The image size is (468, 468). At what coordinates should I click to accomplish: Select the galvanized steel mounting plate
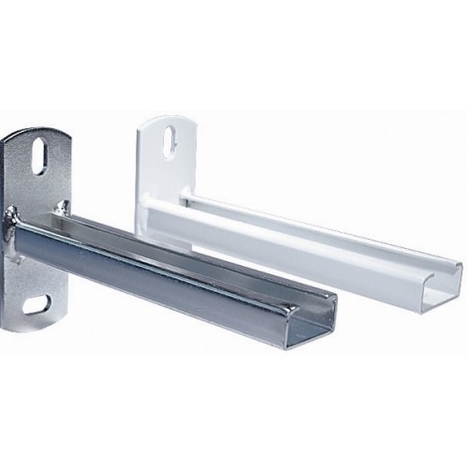pos(28,234)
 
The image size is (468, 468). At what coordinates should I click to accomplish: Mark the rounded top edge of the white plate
pos(171,116)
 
